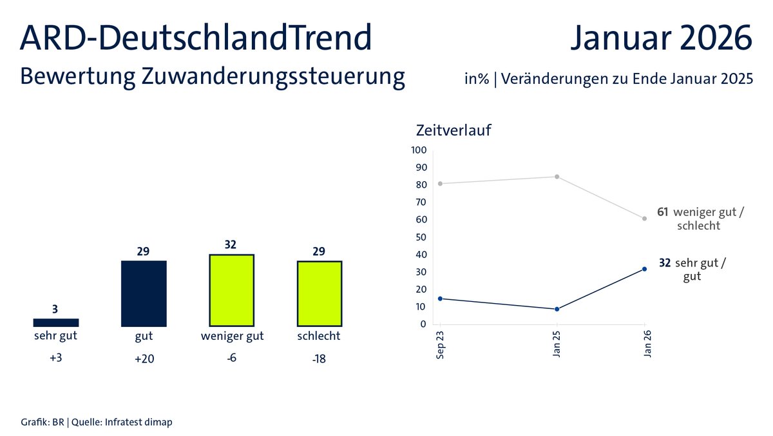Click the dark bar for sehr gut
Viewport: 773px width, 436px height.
click(x=56, y=322)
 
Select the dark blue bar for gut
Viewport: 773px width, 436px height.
click(x=144, y=293)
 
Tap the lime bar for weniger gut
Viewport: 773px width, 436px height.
click(x=232, y=290)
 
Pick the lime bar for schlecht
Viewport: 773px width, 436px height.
click(x=320, y=293)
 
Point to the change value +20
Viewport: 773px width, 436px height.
click(x=144, y=359)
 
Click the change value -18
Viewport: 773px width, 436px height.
click(x=319, y=359)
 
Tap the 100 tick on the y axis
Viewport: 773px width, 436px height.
click(x=419, y=150)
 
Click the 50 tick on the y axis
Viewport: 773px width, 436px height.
click(x=421, y=237)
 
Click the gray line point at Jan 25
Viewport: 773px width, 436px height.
click(x=557, y=177)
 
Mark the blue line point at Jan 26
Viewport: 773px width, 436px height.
click(x=644, y=269)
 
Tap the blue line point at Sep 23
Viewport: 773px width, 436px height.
click(x=440, y=299)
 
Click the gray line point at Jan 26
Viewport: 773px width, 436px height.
click(x=644, y=219)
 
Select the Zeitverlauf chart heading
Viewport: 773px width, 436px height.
click(x=454, y=130)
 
